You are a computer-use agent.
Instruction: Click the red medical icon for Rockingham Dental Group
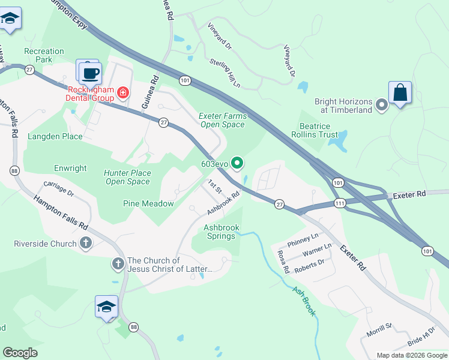click(123, 92)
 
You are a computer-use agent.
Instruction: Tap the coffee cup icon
click(90, 73)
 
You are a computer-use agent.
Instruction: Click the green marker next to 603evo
click(238, 163)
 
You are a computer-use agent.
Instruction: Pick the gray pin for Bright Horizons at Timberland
click(381, 106)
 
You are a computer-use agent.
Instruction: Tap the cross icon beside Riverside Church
click(86, 244)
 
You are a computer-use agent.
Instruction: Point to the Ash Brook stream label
click(304, 300)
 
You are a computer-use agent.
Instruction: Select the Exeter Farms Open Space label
click(222, 120)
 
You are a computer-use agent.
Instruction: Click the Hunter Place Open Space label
click(127, 177)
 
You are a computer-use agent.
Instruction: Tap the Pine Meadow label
click(148, 204)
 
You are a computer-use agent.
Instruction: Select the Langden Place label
click(55, 137)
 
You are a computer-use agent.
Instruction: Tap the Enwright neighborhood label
click(70, 169)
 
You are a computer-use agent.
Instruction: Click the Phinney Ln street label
click(303, 239)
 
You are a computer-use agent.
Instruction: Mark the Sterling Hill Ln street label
click(224, 73)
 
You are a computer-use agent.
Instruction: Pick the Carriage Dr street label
click(58, 190)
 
